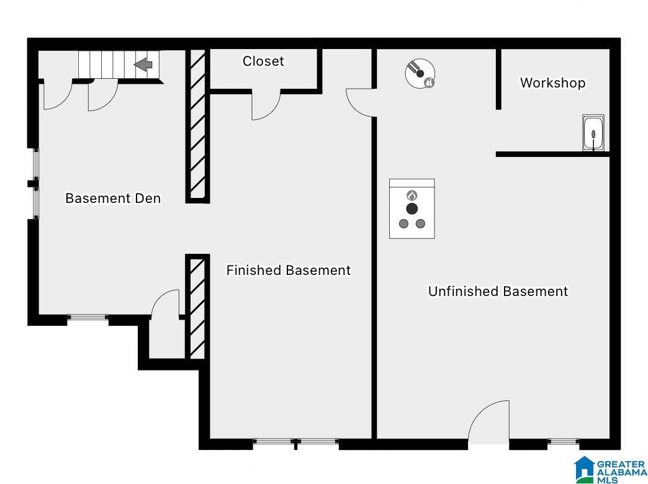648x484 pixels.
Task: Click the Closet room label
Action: [263, 61]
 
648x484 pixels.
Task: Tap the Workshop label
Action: [552, 83]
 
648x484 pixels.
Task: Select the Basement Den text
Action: [113, 199]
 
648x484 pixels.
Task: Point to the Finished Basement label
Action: [288, 271]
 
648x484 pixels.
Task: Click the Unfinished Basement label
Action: [498, 291]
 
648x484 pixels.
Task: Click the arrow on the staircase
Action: [144, 65]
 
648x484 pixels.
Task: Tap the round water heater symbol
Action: [420, 74]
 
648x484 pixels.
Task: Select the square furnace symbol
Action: [412, 208]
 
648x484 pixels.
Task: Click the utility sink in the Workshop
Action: [593, 133]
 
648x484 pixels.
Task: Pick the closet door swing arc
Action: [266, 105]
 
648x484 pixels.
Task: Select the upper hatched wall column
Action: [197, 126]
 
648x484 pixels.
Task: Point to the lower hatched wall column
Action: [197, 308]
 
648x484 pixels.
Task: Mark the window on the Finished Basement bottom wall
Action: [295, 442]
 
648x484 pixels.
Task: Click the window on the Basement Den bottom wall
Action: [88, 318]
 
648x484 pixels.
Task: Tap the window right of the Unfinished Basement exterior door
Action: [563, 442]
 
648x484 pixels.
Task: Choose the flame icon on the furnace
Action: [412, 195]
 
